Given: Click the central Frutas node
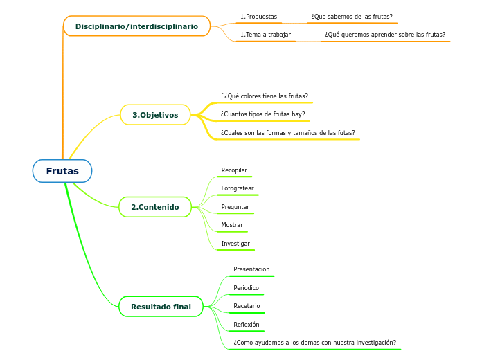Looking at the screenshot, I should tap(62, 171).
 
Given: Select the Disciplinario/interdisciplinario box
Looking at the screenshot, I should tap(136, 26).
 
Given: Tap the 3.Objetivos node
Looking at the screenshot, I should tap(155, 115).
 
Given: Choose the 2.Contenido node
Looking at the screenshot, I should tap(155, 207).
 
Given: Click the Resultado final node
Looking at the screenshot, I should tap(161, 306).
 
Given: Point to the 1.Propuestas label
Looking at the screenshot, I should tap(258, 16).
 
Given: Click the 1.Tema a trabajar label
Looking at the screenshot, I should tap(265, 34).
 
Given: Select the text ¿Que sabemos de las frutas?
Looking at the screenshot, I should tap(352, 16).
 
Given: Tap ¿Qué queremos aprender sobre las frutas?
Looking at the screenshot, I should tap(385, 34).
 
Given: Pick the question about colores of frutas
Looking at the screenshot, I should tap(265, 96).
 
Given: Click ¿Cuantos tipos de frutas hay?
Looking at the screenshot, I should tap(262, 114).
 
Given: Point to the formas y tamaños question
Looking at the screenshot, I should tap(287, 132).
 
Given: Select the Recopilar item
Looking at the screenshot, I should tap(234, 170).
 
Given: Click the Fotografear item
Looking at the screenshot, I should tap(238, 188).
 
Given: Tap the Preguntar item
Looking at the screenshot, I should tap(235, 207).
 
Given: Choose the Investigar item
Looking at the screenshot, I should tap(235, 244).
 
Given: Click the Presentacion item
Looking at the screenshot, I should tap(251, 269).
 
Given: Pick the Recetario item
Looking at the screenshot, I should tap(247, 306).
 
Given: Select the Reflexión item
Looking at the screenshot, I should tap(247, 324).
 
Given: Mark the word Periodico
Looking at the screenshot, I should tap(246, 287).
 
